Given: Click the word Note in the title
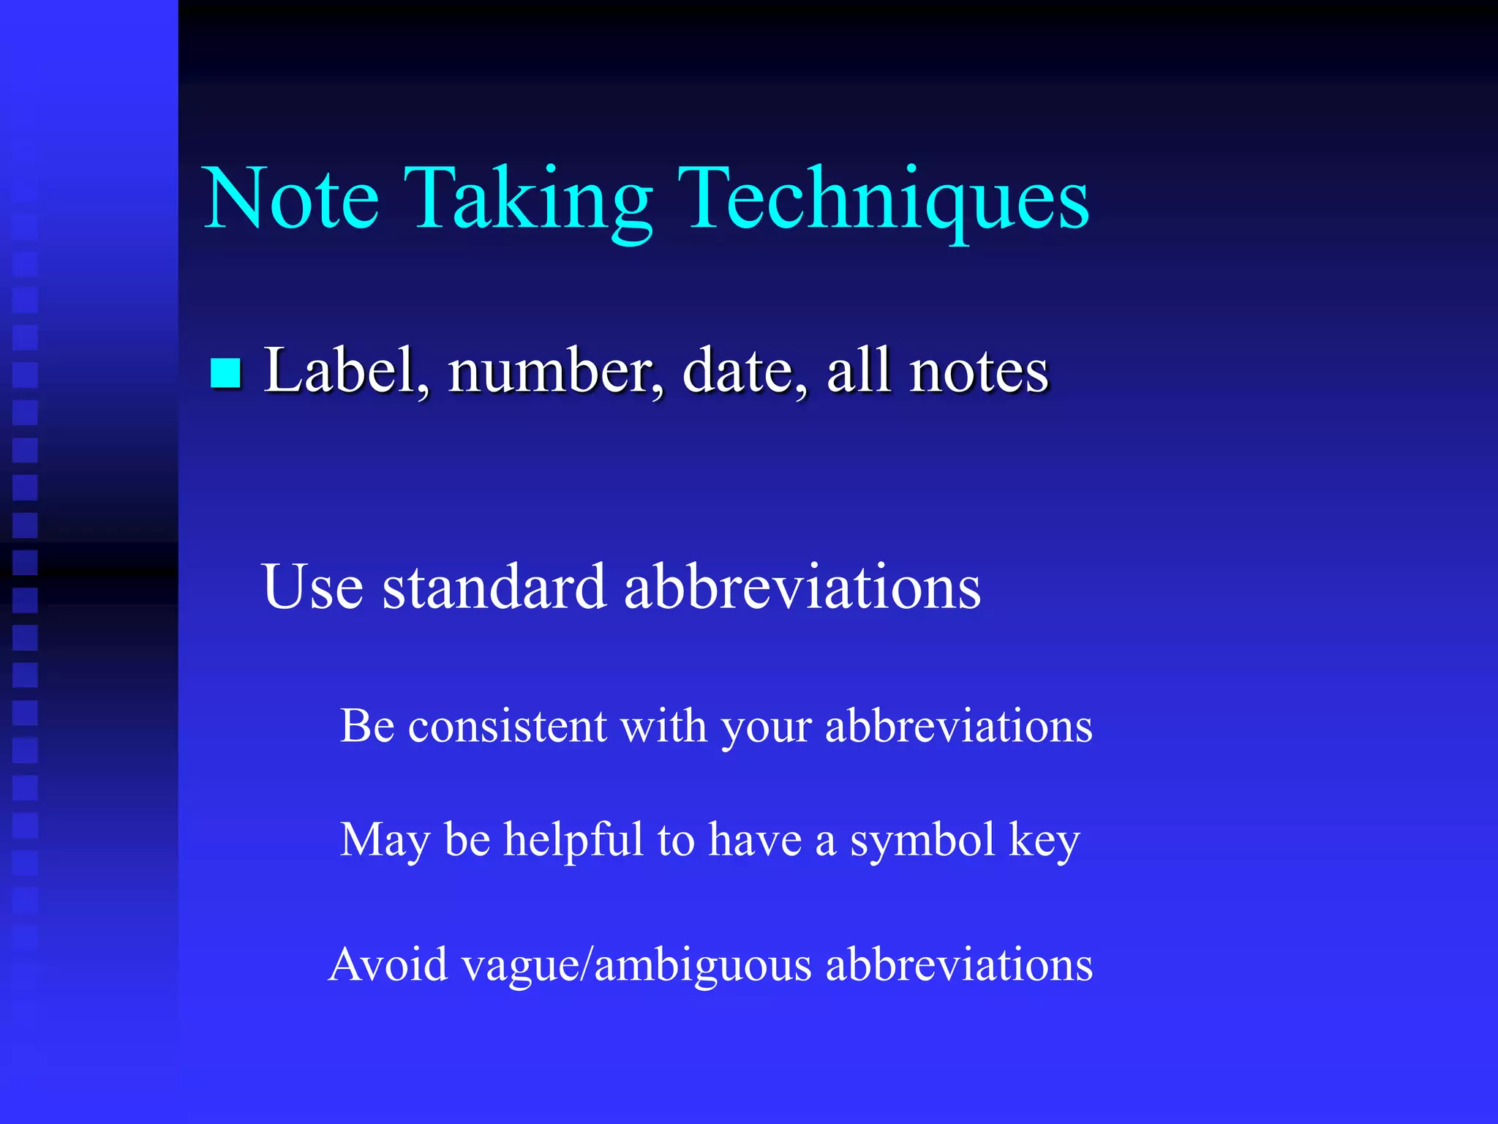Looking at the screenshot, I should [291, 199].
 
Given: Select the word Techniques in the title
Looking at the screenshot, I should [883, 201].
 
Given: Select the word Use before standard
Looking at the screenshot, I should [312, 586].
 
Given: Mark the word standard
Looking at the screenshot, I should [494, 586].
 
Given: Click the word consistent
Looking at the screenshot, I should [507, 727].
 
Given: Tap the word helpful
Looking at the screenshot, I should [573, 839].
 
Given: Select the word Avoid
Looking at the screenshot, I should [388, 964].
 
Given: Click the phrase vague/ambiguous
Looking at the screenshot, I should [637, 966].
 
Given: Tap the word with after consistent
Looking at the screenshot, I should [663, 727].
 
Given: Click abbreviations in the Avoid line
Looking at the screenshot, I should [959, 964].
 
